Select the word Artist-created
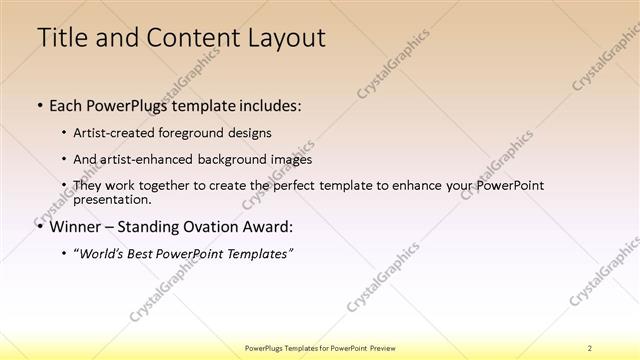(x=117, y=132)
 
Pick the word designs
(x=250, y=132)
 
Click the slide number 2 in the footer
(x=589, y=348)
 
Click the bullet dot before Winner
(x=40, y=225)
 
